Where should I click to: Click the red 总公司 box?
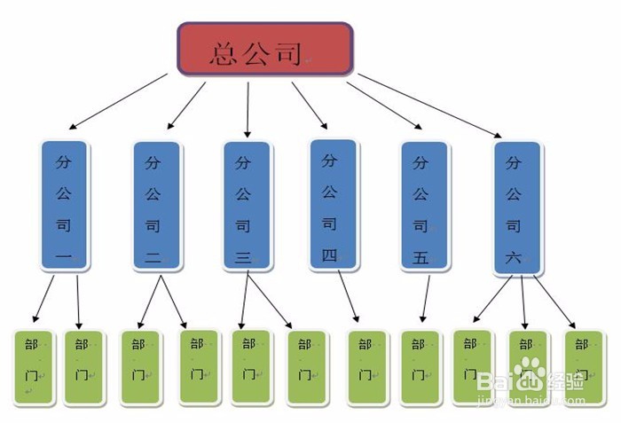tap(264, 49)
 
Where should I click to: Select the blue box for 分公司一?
tap(64, 204)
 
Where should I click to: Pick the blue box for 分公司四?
tap(332, 202)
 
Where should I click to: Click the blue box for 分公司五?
tap(422, 204)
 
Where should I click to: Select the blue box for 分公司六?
tap(516, 206)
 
